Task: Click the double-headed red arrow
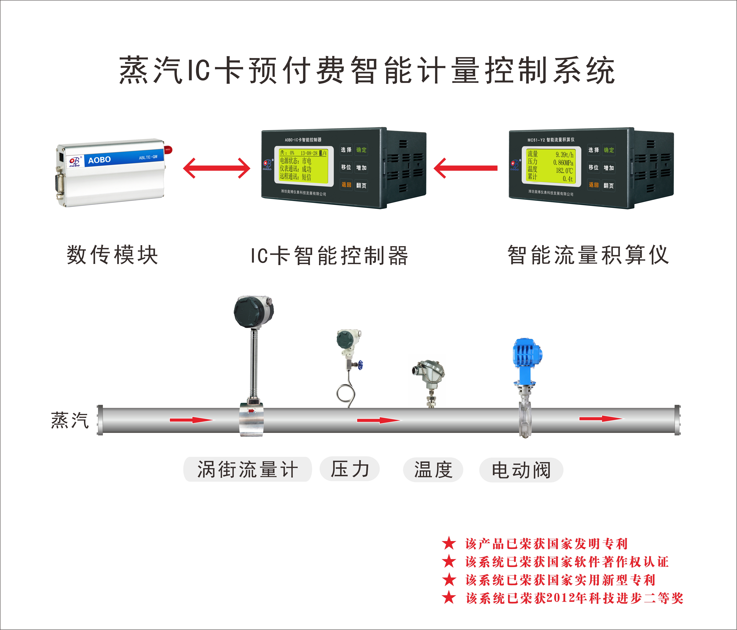coord(217,168)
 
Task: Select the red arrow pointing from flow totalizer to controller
coord(465,168)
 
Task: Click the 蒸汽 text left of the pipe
coord(70,420)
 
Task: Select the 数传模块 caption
coord(112,255)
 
